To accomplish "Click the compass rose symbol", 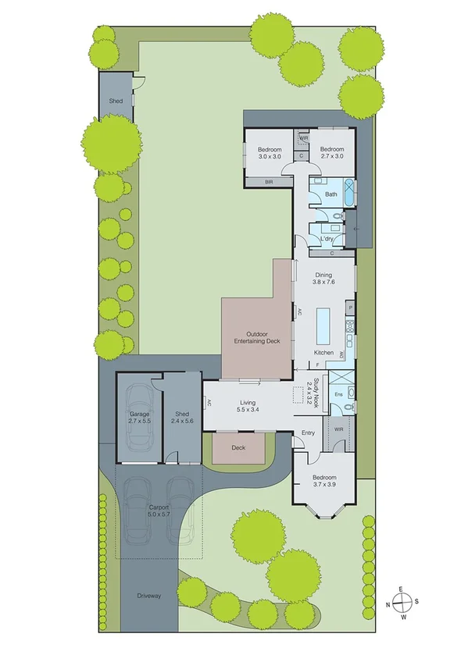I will [x=401, y=603].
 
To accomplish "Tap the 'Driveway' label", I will [x=148, y=596].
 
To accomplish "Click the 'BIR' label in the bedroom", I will [x=268, y=182].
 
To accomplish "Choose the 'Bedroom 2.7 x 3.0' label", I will [x=331, y=152].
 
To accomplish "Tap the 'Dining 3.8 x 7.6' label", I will [x=323, y=279].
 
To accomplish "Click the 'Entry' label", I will [x=309, y=432].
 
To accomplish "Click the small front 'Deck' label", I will [x=239, y=448].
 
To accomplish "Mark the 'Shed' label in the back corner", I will [x=116, y=101].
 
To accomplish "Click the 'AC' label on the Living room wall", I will [x=209, y=403].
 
